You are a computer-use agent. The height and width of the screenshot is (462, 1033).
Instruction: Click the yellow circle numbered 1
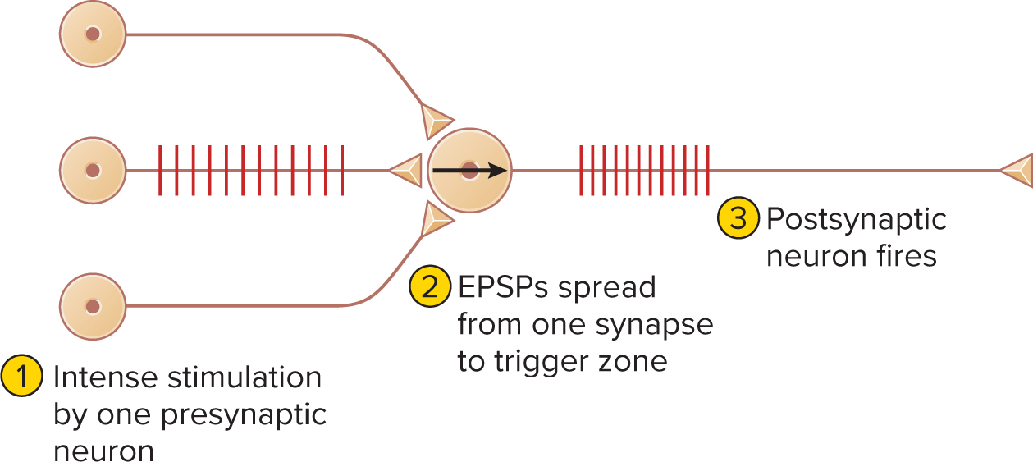coord(22,376)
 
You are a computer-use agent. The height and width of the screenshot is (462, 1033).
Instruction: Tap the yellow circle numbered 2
coord(430,286)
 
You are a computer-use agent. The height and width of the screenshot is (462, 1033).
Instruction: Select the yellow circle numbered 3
coord(738,217)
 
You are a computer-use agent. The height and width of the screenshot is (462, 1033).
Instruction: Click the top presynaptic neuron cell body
coord(93,34)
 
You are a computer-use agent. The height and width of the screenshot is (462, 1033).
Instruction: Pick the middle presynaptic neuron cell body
coord(93,170)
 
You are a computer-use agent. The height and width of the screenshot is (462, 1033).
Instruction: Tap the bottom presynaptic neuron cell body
coord(93,307)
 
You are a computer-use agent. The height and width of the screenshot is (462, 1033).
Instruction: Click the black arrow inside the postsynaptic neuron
coord(470,171)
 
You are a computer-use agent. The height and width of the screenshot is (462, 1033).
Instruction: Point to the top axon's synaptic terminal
coord(435,121)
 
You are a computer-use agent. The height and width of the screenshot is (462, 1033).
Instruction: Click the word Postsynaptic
coord(857,219)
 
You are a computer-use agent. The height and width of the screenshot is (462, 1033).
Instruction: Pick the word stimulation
coord(245,377)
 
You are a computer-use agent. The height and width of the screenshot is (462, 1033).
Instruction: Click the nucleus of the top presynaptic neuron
coord(93,34)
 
